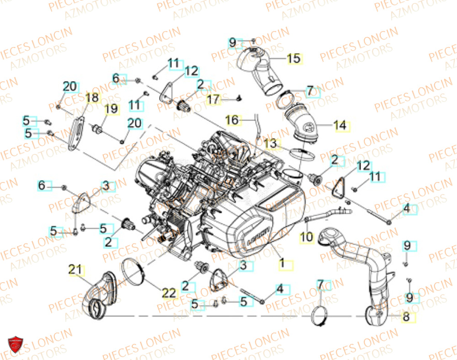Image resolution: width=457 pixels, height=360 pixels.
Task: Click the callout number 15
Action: [x=294, y=58]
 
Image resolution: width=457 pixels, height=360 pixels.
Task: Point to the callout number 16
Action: [x=232, y=120]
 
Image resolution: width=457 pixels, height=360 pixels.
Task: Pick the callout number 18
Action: [x=92, y=97]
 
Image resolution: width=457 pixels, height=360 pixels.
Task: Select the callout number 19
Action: [x=111, y=109]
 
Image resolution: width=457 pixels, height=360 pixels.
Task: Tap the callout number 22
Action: [x=169, y=293]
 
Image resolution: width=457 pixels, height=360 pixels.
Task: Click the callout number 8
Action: [x=406, y=317]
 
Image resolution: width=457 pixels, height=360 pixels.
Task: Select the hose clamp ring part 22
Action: [x=133, y=269]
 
